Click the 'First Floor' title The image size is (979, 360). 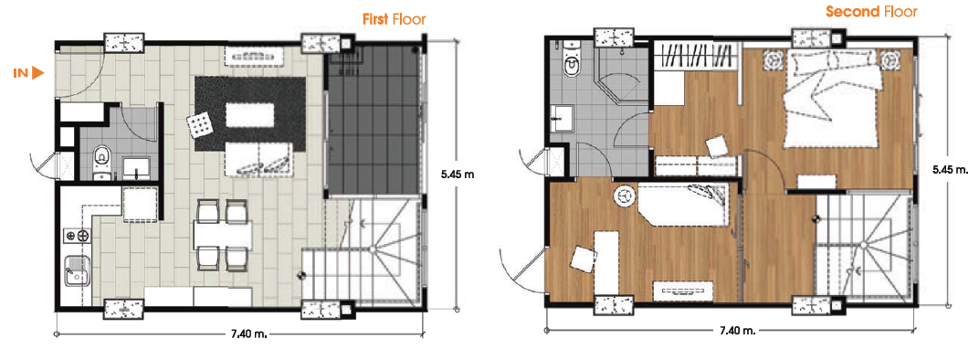[394, 19]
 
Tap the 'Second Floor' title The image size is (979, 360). [871, 11]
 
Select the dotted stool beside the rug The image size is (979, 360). [199, 125]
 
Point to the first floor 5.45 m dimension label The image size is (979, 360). [457, 175]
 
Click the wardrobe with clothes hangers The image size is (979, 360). [697, 58]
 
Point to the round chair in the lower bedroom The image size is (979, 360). [623, 196]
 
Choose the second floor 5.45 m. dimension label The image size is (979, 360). [951, 169]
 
